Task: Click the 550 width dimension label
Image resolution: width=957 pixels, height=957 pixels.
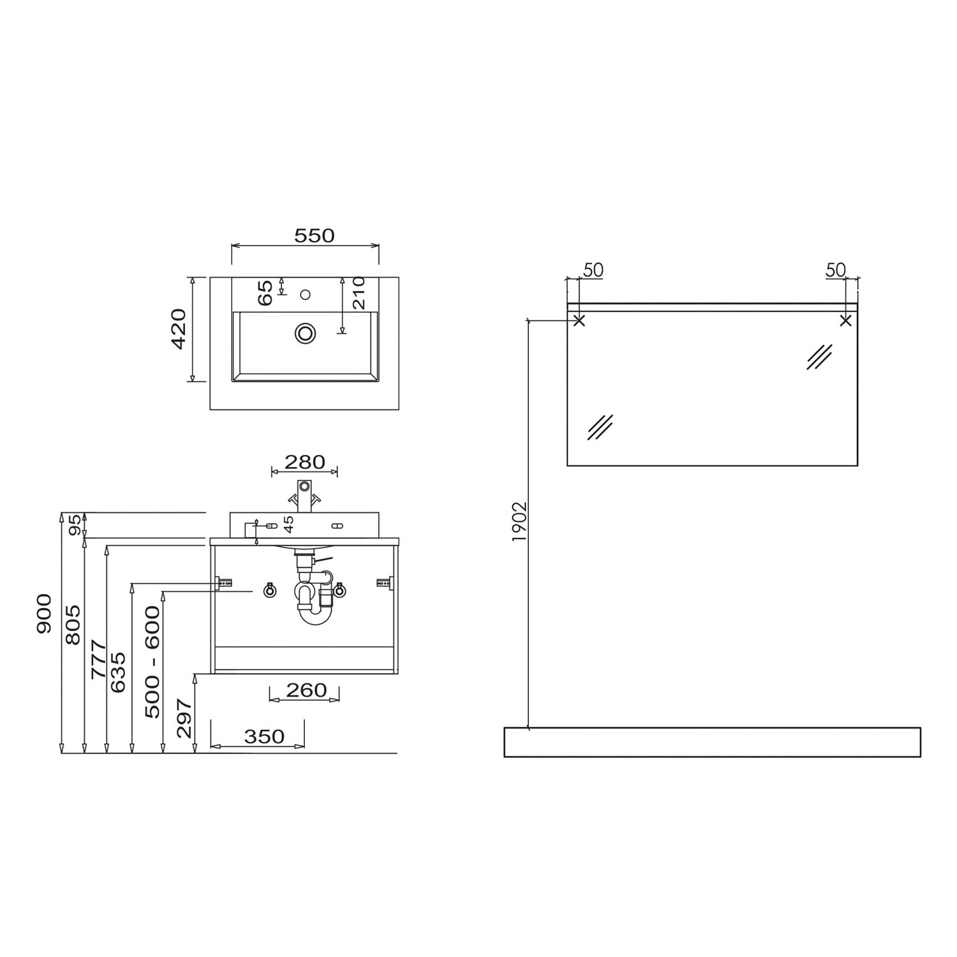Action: pyautogui.click(x=314, y=235)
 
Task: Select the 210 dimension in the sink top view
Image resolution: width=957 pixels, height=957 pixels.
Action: pyautogui.click(x=358, y=293)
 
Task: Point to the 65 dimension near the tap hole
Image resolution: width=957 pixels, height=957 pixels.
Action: pyautogui.click(x=266, y=292)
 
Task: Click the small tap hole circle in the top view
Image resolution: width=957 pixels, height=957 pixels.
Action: pyautogui.click(x=305, y=294)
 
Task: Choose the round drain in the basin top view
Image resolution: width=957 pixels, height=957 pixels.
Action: pyautogui.click(x=306, y=332)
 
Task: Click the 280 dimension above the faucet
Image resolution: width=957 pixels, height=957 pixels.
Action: pyautogui.click(x=304, y=461)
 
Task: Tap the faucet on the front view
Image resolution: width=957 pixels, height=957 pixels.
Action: pyautogui.click(x=305, y=495)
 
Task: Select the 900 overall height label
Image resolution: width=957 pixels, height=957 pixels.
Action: pyautogui.click(x=43, y=614)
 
